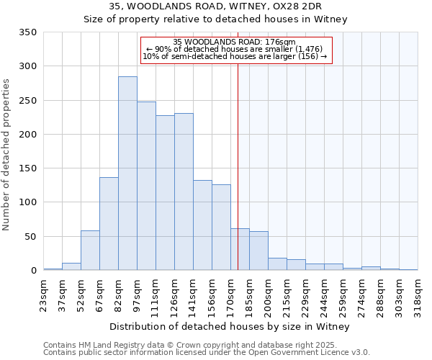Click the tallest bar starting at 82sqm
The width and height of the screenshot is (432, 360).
(127, 174)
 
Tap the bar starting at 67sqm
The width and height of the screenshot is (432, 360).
(109, 223)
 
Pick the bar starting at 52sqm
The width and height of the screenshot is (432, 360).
(90, 251)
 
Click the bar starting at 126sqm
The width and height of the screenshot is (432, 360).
(184, 192)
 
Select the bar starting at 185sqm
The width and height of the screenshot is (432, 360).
(258, 251)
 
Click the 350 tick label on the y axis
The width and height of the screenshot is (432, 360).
(28, 32)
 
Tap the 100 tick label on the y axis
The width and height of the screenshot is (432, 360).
(28, 202)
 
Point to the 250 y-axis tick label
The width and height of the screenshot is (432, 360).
(28, 101)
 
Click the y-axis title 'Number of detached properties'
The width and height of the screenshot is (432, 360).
(7, 155)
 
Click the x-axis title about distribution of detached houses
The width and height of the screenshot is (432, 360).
(230, 326)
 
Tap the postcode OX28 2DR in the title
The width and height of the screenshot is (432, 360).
(300, 6)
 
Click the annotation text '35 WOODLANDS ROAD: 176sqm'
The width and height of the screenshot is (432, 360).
(235, 42)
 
